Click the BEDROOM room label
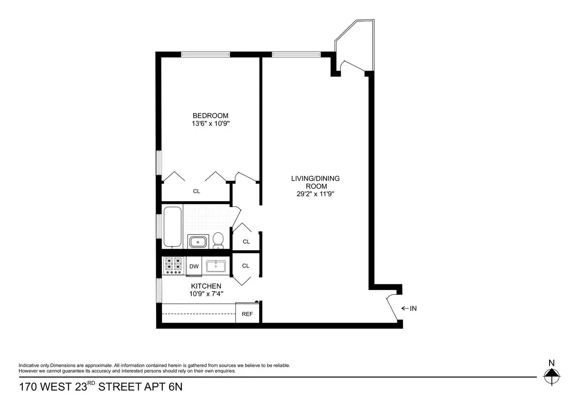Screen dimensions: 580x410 (x=210, y=116)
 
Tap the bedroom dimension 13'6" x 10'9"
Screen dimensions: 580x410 (x=211, y=124)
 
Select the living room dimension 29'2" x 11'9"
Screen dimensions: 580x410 (x=315, y=194)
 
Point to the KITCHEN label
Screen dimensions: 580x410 (x=206, y=286)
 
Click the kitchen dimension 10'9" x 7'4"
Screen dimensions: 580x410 (x=206, y=293)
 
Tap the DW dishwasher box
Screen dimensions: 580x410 (x=194, y=266)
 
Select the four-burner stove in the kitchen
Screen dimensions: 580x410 (x=174, y=266)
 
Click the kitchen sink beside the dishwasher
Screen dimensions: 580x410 (x=216, y=266)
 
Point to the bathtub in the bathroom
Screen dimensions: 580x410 (x=172, y=226)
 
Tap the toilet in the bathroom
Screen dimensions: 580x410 (x=218, y=240)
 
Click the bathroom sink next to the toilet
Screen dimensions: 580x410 (x=198, y=242)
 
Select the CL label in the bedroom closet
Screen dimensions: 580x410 (x=197, y=191)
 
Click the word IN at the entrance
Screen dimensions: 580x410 (x=413, y=308)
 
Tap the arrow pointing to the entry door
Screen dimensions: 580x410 (x=405, y=308)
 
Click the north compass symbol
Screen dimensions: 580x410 (x=551, y=376)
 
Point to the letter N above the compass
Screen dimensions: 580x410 (x=551, y=363)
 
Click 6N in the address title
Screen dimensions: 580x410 (x=175, y=387)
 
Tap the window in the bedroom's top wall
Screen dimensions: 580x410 (x=205, y=54)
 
